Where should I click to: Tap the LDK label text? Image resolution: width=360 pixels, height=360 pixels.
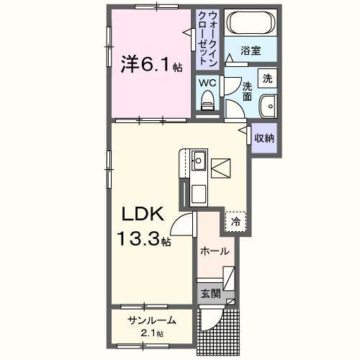(x=145, y=214)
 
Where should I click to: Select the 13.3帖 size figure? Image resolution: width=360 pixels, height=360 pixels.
(x=145, y=238)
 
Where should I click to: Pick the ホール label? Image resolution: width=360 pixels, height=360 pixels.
(x=215, y=251)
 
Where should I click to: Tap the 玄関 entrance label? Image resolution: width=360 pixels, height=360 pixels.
(x=210, y=293)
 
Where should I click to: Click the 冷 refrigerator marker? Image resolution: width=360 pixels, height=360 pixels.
(x=235, y=222)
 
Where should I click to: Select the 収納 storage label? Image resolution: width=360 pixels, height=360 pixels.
(x=264, y=137)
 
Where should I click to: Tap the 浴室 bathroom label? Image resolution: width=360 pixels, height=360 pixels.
(x=250, y=51)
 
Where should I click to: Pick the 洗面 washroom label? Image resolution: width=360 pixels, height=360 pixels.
(x=247, y=91)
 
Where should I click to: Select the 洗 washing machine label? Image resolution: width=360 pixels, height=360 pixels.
(x=267, y=78)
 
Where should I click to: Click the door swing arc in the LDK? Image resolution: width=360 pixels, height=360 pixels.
(x=184, y=227)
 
